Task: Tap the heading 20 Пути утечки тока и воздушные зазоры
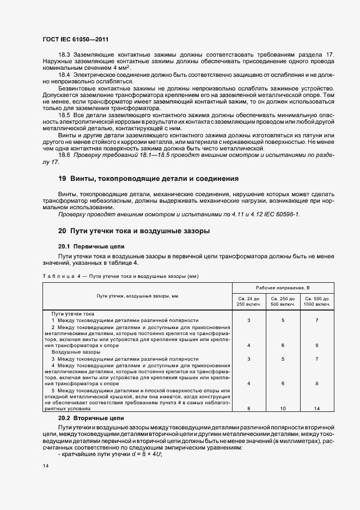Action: pyautogui.click(x=134, y=230)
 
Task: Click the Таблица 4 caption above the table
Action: pyautogui.click(x=120, y=276)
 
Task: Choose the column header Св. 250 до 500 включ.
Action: pyautogui.click(x=283, y=301)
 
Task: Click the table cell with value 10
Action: pyautogui.click(x=283, y=408)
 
